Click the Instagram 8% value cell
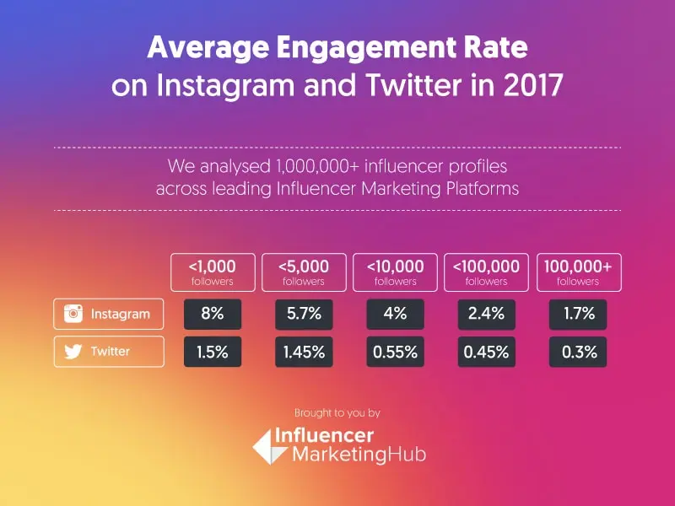(213, 314)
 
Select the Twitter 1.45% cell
(304, 352)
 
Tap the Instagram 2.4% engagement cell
(486, 314)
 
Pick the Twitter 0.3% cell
(578, 352)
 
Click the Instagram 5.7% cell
(304, 314)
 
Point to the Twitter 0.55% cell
(395, 352)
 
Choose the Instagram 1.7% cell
(578, 314)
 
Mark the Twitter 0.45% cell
(486, 352)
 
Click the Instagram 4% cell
(395, 314)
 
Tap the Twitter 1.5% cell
(213, 352)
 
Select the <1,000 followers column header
(213, 272)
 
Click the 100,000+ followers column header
(578, 272)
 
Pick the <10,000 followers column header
(395, 272)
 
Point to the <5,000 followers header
(304, 272)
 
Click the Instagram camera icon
(74, 314)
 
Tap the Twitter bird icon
(74, 352)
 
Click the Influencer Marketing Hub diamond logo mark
(267, 445)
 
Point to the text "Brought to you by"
(337, 413)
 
